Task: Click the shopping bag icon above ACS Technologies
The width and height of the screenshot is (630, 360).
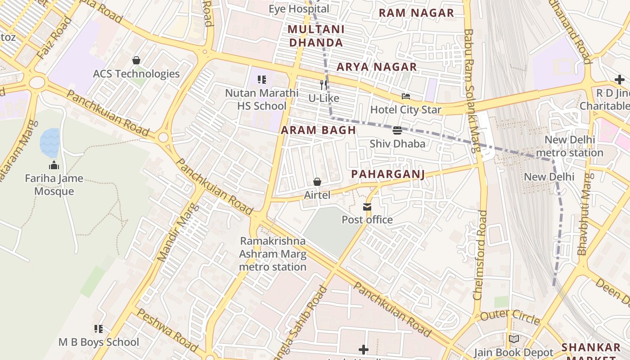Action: point(136,60)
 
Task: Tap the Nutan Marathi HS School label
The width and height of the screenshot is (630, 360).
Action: point(262,99)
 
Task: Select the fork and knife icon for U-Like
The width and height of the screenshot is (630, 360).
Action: point(324,85)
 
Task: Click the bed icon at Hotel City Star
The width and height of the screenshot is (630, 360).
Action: point(405,96)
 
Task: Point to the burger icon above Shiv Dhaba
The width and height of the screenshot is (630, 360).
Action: point(397,130)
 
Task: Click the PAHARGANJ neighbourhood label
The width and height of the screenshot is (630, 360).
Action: point(388,174)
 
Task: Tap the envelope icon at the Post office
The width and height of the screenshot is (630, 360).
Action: point(367,207)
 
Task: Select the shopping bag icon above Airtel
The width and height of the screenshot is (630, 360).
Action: point(317,182)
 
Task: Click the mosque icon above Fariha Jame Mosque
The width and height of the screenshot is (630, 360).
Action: point(54,165)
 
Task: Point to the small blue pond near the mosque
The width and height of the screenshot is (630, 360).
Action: point(49,142)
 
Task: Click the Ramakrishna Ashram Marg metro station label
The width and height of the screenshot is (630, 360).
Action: point(273,254)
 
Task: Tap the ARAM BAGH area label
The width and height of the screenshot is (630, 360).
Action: point(319,130)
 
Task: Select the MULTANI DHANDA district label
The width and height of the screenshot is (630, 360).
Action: point(316,36)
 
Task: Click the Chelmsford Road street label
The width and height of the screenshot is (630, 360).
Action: point(480,255)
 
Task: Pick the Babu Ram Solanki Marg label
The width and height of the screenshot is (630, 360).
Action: point(471,90)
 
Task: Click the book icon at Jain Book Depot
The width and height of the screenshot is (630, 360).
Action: point(513,339)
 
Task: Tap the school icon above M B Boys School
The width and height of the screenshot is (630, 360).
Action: point(99,329)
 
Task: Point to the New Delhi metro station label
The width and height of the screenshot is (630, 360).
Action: point(570,146)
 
